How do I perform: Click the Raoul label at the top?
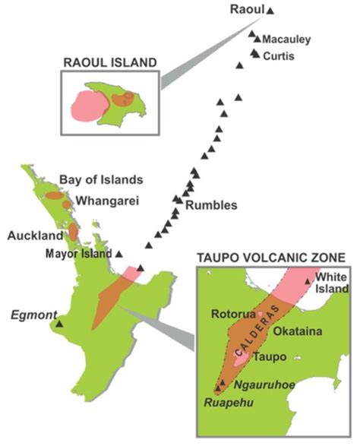coord(247,9)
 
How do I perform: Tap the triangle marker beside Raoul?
coord(270,10)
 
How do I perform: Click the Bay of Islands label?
coord(101,180)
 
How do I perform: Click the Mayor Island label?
coord(78,253)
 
